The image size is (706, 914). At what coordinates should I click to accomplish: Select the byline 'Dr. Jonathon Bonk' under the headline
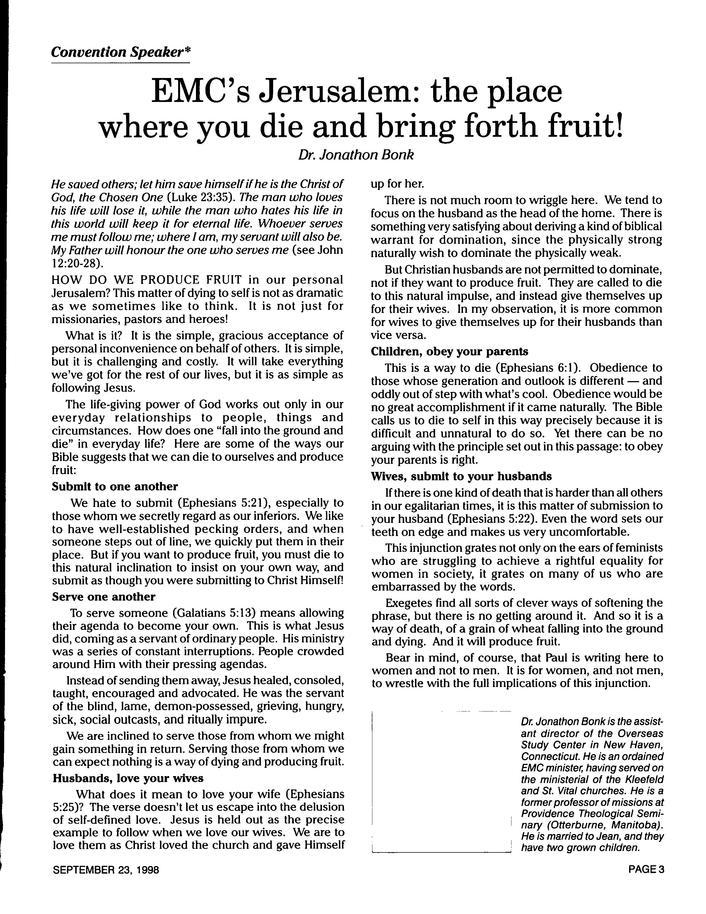click(356, 155)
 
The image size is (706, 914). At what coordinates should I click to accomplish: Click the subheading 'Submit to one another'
click(115, 486)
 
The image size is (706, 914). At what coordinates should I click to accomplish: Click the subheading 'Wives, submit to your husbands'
click(461, 476)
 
